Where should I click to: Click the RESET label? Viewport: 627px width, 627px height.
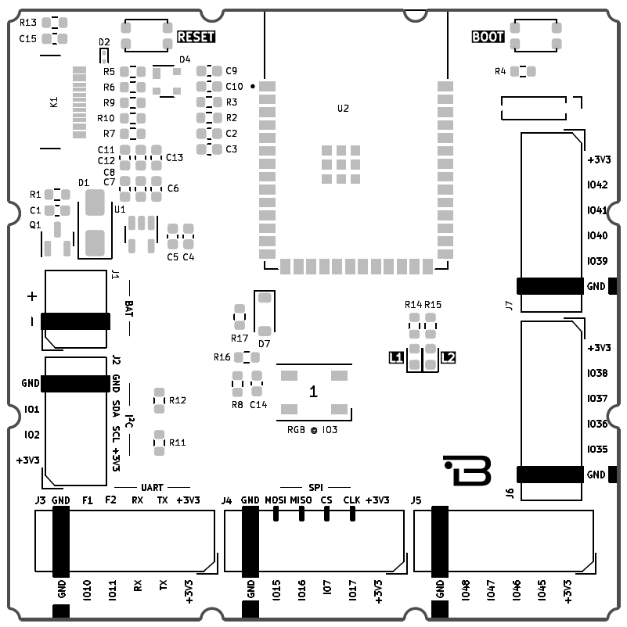196,37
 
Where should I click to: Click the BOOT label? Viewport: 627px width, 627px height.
488,37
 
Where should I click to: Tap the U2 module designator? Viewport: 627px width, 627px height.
343,109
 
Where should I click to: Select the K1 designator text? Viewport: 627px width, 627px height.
53,102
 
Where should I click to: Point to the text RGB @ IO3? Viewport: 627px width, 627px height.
313,429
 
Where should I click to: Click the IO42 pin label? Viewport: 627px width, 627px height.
596,185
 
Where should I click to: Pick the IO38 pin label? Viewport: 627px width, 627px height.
596,374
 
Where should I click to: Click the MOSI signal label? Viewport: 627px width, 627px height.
276,500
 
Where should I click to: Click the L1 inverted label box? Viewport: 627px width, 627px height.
396,358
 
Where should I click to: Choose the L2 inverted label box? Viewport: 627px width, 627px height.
448,358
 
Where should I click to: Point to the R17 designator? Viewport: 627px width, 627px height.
240,338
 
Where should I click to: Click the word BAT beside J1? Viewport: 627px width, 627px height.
128,306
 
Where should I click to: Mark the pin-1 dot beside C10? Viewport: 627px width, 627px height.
252,87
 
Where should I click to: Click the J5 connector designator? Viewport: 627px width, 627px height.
416,500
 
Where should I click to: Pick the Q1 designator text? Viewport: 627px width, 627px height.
34,225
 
